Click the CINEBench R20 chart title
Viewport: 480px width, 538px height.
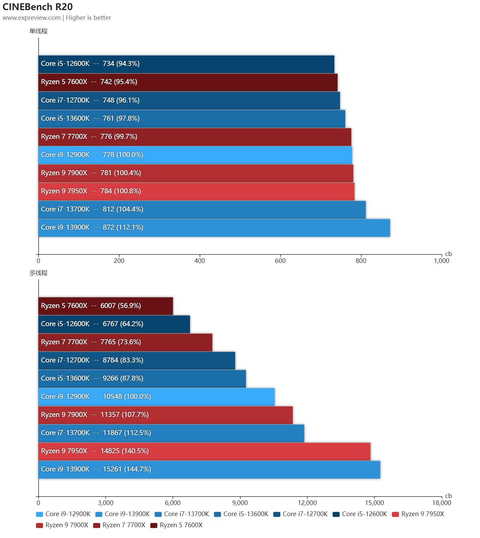coord(38,7)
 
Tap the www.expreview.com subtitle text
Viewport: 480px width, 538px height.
coord(32,18)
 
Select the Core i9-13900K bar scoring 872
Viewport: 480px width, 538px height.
coord(214,228)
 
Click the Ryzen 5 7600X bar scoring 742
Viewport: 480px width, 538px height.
coord(188,82)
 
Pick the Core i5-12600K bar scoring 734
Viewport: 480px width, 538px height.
coord(186,64)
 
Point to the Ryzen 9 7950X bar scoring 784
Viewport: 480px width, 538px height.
coord(196,191)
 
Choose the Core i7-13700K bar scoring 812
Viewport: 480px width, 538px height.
coord(202,209)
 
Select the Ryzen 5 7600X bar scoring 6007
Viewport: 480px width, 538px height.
coord(106,306)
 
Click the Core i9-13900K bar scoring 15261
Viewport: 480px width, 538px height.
coord(209,469)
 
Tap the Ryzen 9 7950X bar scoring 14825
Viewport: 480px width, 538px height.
coord(204,451)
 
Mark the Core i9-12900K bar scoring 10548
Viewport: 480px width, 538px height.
coord(156,397)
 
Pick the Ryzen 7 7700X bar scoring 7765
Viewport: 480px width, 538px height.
coord(125,342)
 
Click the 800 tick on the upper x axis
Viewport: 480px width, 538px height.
coord(361,261)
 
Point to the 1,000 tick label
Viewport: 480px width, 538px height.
coord(441,261)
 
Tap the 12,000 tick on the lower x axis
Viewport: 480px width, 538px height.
coord(307,503)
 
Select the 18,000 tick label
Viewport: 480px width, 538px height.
coord(441,503)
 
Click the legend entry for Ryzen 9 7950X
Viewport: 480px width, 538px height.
coord(418,514)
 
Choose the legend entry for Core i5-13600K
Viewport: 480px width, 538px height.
coord(241,514)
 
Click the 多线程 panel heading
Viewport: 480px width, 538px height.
coord(38,273)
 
